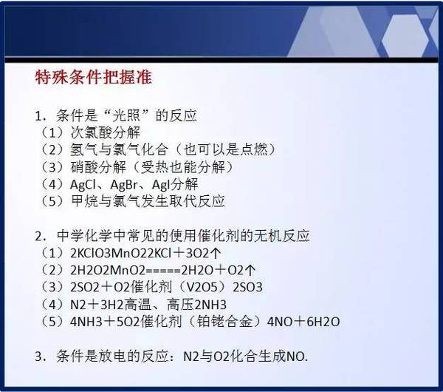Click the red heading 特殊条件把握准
coord(94,77)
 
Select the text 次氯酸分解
coord(105,132)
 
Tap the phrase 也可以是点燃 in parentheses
coord(225,149)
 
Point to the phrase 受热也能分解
coord(183,167)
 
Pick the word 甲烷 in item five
coord(84,201)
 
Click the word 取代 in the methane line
coord(183,201)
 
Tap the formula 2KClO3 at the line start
coord(90,253)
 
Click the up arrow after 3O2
coord(215,253)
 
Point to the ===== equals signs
coord(164,271)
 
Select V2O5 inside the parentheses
coord(202,288)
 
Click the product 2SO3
coord(247,288)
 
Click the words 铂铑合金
coord(224,322)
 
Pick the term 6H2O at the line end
coord(323,322)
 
